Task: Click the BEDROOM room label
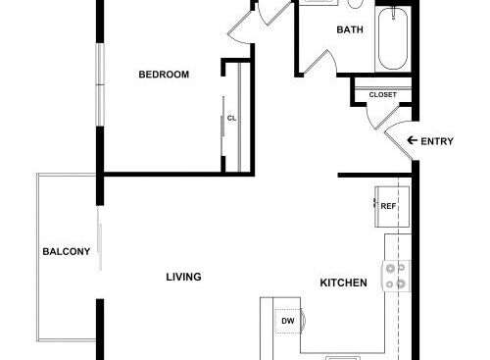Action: tap(164, 75)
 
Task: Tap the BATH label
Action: tap(350, 29)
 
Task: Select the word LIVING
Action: tap(183, 277)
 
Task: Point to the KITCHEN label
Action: tap(343, 283)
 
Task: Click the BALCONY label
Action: tap(67, 251)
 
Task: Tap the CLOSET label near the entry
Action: tap(382, 95)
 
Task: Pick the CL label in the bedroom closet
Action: tap(231, 118)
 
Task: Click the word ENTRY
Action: tap(437, 141)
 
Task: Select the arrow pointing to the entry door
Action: tap(413, 140)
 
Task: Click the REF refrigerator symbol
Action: tap(392, 207)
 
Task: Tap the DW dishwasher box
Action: tap(288, 321)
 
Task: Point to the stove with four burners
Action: tap(397, 277)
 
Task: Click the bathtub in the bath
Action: tap(393, 38)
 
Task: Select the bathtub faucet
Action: tap(393, 14)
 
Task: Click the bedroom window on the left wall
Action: tap(100, 84)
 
